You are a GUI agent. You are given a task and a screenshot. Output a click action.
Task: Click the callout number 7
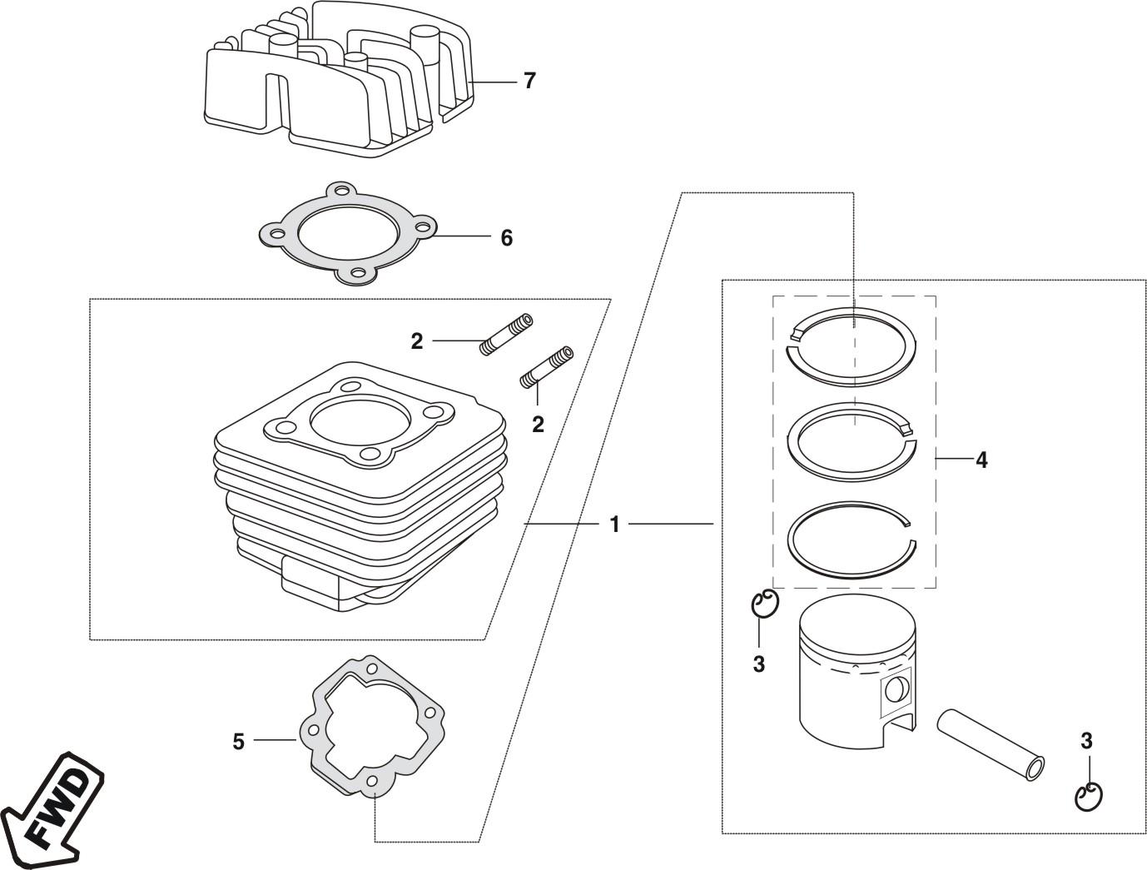click(x=529, y=81)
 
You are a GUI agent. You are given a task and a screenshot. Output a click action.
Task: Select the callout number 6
click(x=506, y=238)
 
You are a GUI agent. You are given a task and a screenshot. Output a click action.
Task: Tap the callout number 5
click(x=238, y=742)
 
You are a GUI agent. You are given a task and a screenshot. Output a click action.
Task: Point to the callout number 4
click(x=981, y=460)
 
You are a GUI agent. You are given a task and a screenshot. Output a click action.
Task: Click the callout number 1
click(x=615, y=524)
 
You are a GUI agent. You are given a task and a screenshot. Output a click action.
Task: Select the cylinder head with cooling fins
click(x=339, y=78)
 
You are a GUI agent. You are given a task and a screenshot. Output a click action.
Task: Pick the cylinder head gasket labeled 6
click(x=348, y=233)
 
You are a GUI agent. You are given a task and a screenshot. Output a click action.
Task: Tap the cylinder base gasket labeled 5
click(x=371, y=727)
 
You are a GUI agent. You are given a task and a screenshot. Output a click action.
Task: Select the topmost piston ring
click(x=852, y=347)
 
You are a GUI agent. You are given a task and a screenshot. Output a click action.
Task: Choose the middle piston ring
click(x=852, y=441)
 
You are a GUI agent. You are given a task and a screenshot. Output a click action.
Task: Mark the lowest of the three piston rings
click(x=852, y=541)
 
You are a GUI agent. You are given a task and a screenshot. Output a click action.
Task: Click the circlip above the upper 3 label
click(x=765, y=604)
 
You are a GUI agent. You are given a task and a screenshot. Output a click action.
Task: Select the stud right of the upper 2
click(x=506, y=335)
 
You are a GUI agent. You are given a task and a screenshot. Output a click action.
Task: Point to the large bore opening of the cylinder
click(x=356, y=419)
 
